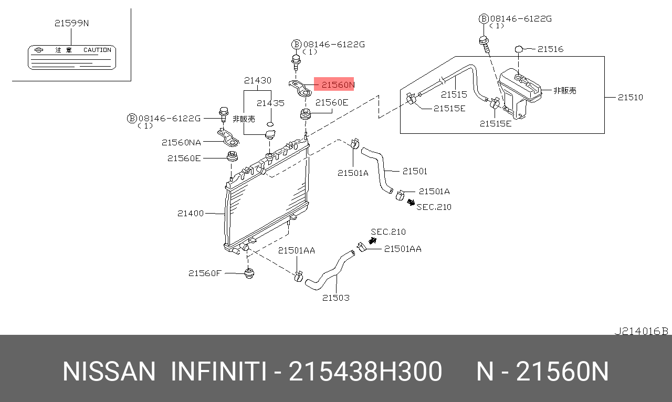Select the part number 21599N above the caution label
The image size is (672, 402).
71,23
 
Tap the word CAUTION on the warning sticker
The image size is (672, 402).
97,50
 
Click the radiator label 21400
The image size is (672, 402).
190,213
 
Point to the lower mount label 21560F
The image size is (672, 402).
205,273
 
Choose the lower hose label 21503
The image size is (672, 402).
335,298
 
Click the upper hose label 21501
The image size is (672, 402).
415,171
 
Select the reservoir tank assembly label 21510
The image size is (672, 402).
630,97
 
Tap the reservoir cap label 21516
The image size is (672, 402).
550,49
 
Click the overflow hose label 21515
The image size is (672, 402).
454,94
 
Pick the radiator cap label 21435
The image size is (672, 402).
270,103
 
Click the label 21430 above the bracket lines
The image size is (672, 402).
257,80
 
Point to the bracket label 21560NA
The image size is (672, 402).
181,142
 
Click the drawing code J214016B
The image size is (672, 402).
641,331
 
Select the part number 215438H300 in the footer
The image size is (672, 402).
365,372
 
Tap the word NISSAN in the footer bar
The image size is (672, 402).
109,372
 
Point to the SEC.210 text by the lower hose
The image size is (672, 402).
388,231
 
